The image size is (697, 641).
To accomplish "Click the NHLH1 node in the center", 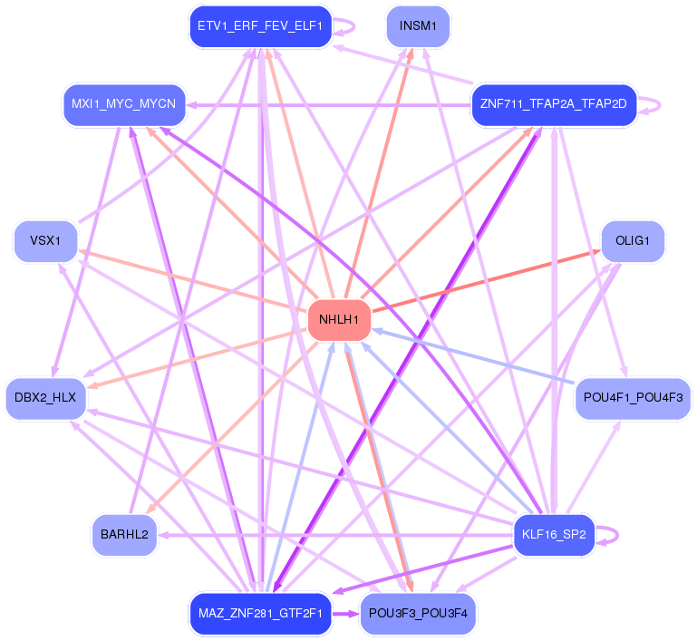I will coord(340,319).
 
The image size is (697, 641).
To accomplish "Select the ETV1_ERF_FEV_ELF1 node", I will coord(259,26).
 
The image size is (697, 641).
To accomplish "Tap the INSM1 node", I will coord(418,26).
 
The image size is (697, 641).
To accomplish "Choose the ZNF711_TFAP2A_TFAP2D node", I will coord(553,105).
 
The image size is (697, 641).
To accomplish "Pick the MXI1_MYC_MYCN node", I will coord(123,105).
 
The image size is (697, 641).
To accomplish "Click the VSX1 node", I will coord(44,241).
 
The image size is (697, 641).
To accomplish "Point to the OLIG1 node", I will coord(633,241).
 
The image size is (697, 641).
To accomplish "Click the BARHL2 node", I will coord(124,535).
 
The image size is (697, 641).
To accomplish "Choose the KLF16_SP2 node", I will coord(554,535).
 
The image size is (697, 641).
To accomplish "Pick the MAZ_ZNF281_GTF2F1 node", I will coord(259,614).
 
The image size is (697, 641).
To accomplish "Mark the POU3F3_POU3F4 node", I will coord(418,614).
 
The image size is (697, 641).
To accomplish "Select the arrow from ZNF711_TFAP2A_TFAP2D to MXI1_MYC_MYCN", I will coord(326,105).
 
